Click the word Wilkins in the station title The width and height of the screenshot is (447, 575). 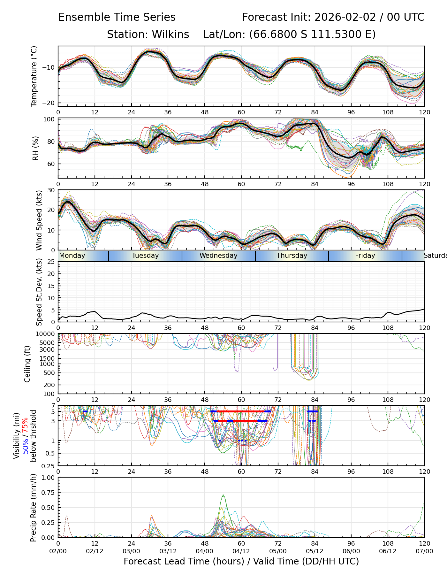point(170,34)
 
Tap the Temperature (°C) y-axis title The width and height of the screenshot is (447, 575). point(34,76)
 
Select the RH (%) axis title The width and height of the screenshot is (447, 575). point(35,148)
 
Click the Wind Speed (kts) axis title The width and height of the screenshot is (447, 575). point(39,220)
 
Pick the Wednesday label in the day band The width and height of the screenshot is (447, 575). point(218,256)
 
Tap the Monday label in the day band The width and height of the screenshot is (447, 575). point(72,256)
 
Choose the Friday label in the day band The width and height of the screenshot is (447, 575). point(365,256)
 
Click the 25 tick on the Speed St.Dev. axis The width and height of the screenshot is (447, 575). point(51,262)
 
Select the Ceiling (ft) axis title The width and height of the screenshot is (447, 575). point(27,364)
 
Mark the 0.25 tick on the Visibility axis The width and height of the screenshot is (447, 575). point(49,465)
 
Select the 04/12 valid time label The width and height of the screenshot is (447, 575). point(241,551)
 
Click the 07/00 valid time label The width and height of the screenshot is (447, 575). point(424,551)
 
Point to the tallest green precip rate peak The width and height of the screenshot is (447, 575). point(223,495)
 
